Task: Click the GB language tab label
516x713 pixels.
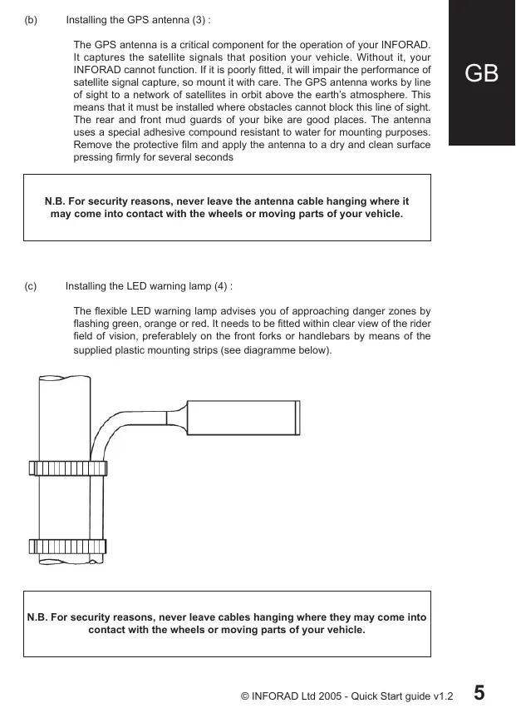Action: (482, 73)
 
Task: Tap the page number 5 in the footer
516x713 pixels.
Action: (480, 692)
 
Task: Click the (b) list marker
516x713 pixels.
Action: (31, 19)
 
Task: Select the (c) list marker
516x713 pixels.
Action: (31, 286)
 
